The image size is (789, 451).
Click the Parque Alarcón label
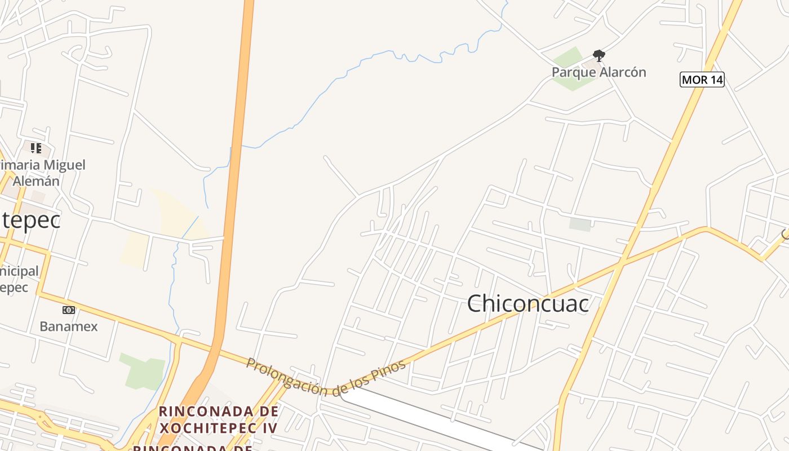[599, 72]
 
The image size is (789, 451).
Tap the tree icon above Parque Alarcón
[599, 55]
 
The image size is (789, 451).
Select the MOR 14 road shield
[702, 79]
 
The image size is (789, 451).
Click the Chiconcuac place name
[528, 303]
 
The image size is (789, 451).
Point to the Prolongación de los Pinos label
[326, 377]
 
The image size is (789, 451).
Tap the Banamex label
[68, 326]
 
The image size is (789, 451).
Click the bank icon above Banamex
[68, 310]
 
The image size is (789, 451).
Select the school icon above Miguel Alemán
[36, 148]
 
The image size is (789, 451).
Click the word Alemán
[36, 181]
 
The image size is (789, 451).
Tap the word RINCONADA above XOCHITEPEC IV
[219, 410]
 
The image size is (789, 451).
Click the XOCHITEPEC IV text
[219, 427]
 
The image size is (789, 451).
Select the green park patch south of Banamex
[144, 371]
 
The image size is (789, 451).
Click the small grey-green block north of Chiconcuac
[580, 224]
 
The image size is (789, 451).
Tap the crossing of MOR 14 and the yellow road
[622, 263]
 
